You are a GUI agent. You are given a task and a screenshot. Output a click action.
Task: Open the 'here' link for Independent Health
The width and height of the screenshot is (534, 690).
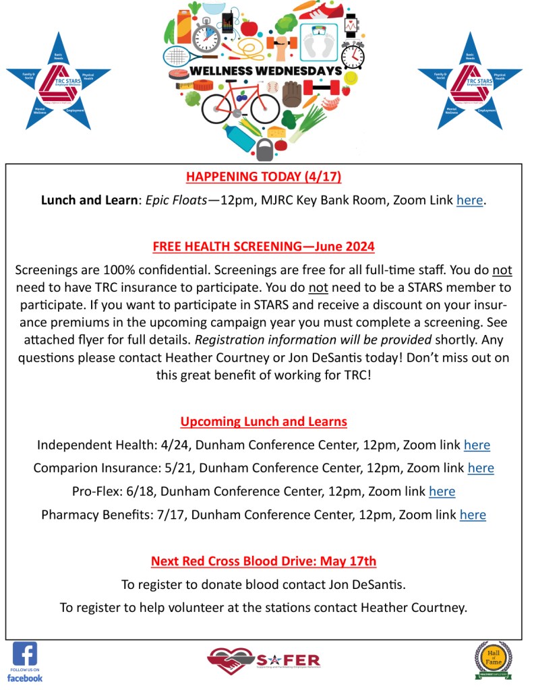[x=477, y=445]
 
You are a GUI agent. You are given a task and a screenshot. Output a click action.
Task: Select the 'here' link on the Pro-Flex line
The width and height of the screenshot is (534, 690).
[x=442, y=491]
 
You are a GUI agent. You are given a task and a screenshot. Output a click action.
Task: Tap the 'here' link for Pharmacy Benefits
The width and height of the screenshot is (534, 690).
[x=473, y=515]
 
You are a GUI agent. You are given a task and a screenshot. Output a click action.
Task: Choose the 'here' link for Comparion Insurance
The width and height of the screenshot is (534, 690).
[x=481, y=468]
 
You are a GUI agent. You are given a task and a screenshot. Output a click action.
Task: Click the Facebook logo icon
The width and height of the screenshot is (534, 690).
[x=25, y=654]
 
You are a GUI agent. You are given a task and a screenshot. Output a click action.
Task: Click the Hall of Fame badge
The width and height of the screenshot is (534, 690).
[x=493, y=658]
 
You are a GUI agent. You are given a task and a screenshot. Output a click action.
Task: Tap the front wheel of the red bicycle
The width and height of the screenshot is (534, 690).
[x=264, y=108]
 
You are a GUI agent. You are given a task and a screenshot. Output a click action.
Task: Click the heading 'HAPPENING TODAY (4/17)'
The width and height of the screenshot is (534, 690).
[x=264, y=177]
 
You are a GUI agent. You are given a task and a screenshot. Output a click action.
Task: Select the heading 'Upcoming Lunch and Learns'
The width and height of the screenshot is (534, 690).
[x=264, y=422]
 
